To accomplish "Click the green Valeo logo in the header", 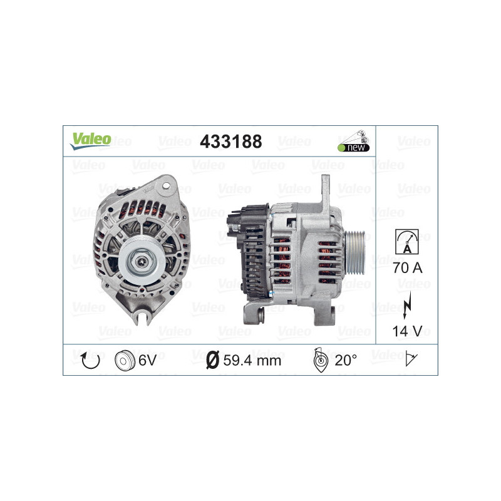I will pyautogui.click(x=90, y=140).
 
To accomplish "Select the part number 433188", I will pyautogui.click(x=230, y=142).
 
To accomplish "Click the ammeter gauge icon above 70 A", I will pyautogui.click(x=407, y=240).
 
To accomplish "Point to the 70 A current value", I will pyautogui.click(x=407, y=267).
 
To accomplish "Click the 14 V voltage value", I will pyautogui.click(x=407, y=330).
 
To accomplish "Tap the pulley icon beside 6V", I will pyautogui.click(x=125, y=360).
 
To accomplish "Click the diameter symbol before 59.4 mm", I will pyautogui.click(x=212, y=360).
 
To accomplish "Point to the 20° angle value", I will pyautogui.click(x=346, y=360).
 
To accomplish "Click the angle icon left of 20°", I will pyautogui.click(x=319, y=359).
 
